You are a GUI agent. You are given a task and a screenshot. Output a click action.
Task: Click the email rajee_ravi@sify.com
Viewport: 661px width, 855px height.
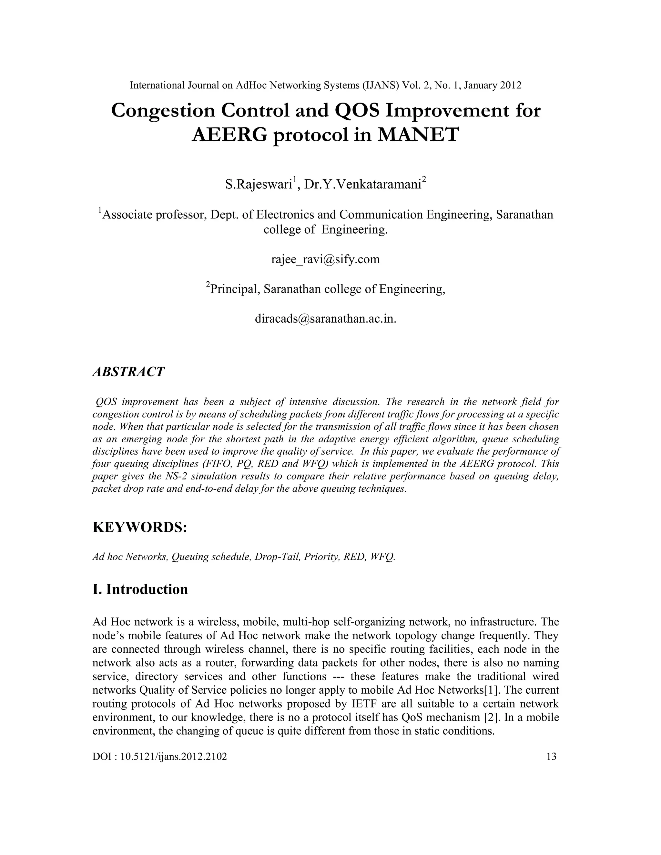coord(325,259)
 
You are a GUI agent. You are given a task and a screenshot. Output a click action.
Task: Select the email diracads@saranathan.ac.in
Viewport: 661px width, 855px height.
coord(325,319)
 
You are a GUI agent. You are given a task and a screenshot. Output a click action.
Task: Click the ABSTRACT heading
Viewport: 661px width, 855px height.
coord(128,371)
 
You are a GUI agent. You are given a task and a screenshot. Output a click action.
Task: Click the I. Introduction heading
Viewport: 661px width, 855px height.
coord(140,589)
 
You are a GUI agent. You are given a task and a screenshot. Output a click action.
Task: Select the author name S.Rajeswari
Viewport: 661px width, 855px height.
coord(258,184)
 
